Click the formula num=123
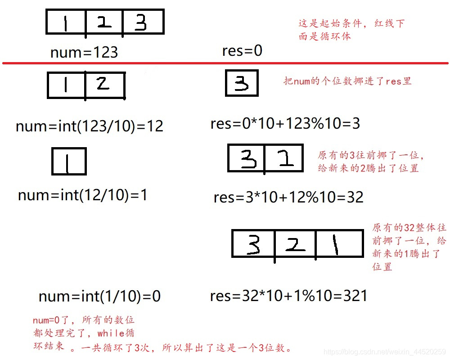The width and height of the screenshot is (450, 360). point(84,52)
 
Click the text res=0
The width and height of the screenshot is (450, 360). point(242,50)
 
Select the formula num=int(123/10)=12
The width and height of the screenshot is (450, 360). point(89,126)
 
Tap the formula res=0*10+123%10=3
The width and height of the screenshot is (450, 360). point(285,124)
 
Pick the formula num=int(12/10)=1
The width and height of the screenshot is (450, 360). point(83,195)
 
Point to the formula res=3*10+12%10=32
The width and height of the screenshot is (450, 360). point(288,197)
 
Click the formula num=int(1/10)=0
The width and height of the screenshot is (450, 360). point(99,296)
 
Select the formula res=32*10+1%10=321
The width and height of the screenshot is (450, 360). point(288,296)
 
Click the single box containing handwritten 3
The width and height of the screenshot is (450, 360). point(242,83)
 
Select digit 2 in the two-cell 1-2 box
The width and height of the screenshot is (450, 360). point(103,85)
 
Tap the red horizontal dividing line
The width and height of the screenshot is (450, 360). point(225,63)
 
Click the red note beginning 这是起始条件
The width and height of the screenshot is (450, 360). point(351,30)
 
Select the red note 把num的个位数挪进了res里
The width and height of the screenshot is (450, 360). point(347,81)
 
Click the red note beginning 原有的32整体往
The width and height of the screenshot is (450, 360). point(409,247)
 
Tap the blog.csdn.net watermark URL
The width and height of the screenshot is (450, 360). point(385,351)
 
